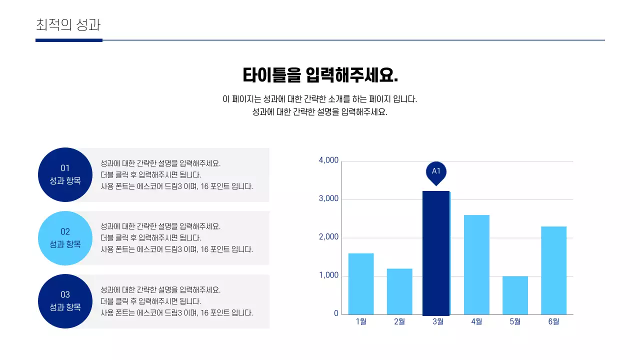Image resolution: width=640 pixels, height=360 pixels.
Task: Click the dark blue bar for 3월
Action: point(436,253)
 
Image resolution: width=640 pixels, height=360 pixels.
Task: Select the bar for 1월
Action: point(361,284)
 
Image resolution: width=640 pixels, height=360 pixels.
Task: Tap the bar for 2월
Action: point(399,291)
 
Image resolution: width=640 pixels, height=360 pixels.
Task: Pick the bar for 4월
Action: point(476,264)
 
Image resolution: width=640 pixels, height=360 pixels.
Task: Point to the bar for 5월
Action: point(515,295)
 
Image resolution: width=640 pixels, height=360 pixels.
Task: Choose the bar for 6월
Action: point(553,270)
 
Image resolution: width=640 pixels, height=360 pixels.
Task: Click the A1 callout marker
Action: point(436,172)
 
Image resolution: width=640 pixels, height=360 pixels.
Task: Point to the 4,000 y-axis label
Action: point(328,160)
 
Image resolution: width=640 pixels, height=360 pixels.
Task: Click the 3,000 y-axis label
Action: point(328,199)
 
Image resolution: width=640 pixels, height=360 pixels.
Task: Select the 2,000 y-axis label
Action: point(328,237)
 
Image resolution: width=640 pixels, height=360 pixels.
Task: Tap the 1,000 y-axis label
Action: point(328,276)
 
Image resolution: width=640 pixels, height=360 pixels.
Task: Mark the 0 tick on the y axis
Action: point(336,314)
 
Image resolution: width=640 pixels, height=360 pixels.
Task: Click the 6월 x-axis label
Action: point(553,322)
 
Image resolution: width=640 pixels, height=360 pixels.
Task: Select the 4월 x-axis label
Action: point(476,322)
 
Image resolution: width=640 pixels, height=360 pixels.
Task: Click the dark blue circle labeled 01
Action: point(65,174)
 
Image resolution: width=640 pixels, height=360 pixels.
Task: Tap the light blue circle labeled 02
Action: point(65,238)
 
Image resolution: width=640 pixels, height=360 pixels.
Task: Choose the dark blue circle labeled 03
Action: point(65,301)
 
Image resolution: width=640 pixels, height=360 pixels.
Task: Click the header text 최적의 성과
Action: point(69,25)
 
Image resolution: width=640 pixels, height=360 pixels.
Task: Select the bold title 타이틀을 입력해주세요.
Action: point(320,75)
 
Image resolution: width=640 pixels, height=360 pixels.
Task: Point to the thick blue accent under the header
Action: point(69,40)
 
